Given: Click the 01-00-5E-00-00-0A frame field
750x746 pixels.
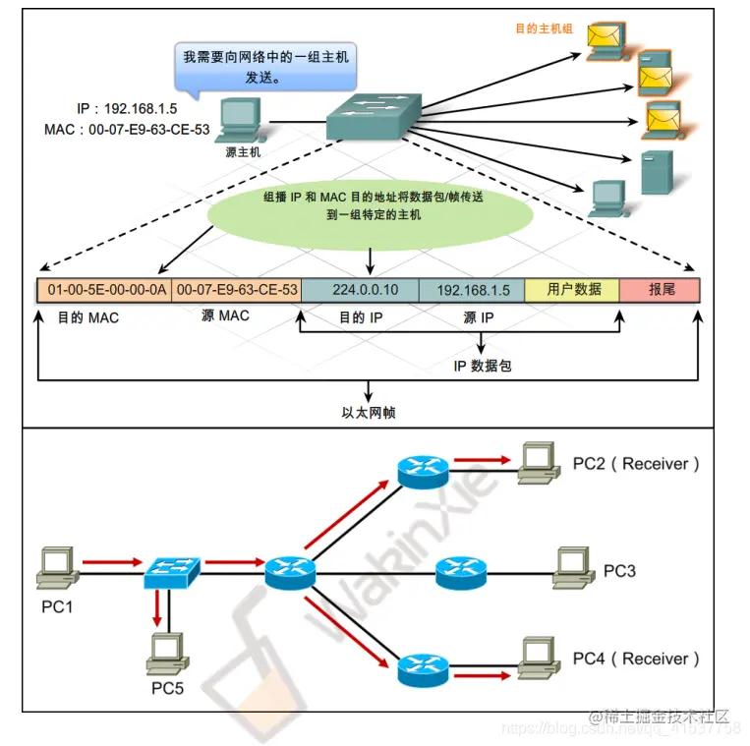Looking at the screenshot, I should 103,290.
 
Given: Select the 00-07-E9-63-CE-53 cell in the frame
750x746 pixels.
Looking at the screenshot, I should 236,290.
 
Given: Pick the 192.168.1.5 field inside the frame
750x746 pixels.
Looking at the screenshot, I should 471,290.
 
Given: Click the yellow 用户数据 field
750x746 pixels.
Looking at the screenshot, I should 572,290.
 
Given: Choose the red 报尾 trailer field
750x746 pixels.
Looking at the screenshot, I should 661,290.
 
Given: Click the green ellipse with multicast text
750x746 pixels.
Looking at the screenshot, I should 370,205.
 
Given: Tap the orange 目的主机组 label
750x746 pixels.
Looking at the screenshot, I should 544,29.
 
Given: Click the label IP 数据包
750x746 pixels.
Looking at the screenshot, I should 483,366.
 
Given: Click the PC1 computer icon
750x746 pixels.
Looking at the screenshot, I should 57,566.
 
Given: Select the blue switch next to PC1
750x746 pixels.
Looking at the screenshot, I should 172,570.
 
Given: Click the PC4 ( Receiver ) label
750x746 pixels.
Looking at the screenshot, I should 637,658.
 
